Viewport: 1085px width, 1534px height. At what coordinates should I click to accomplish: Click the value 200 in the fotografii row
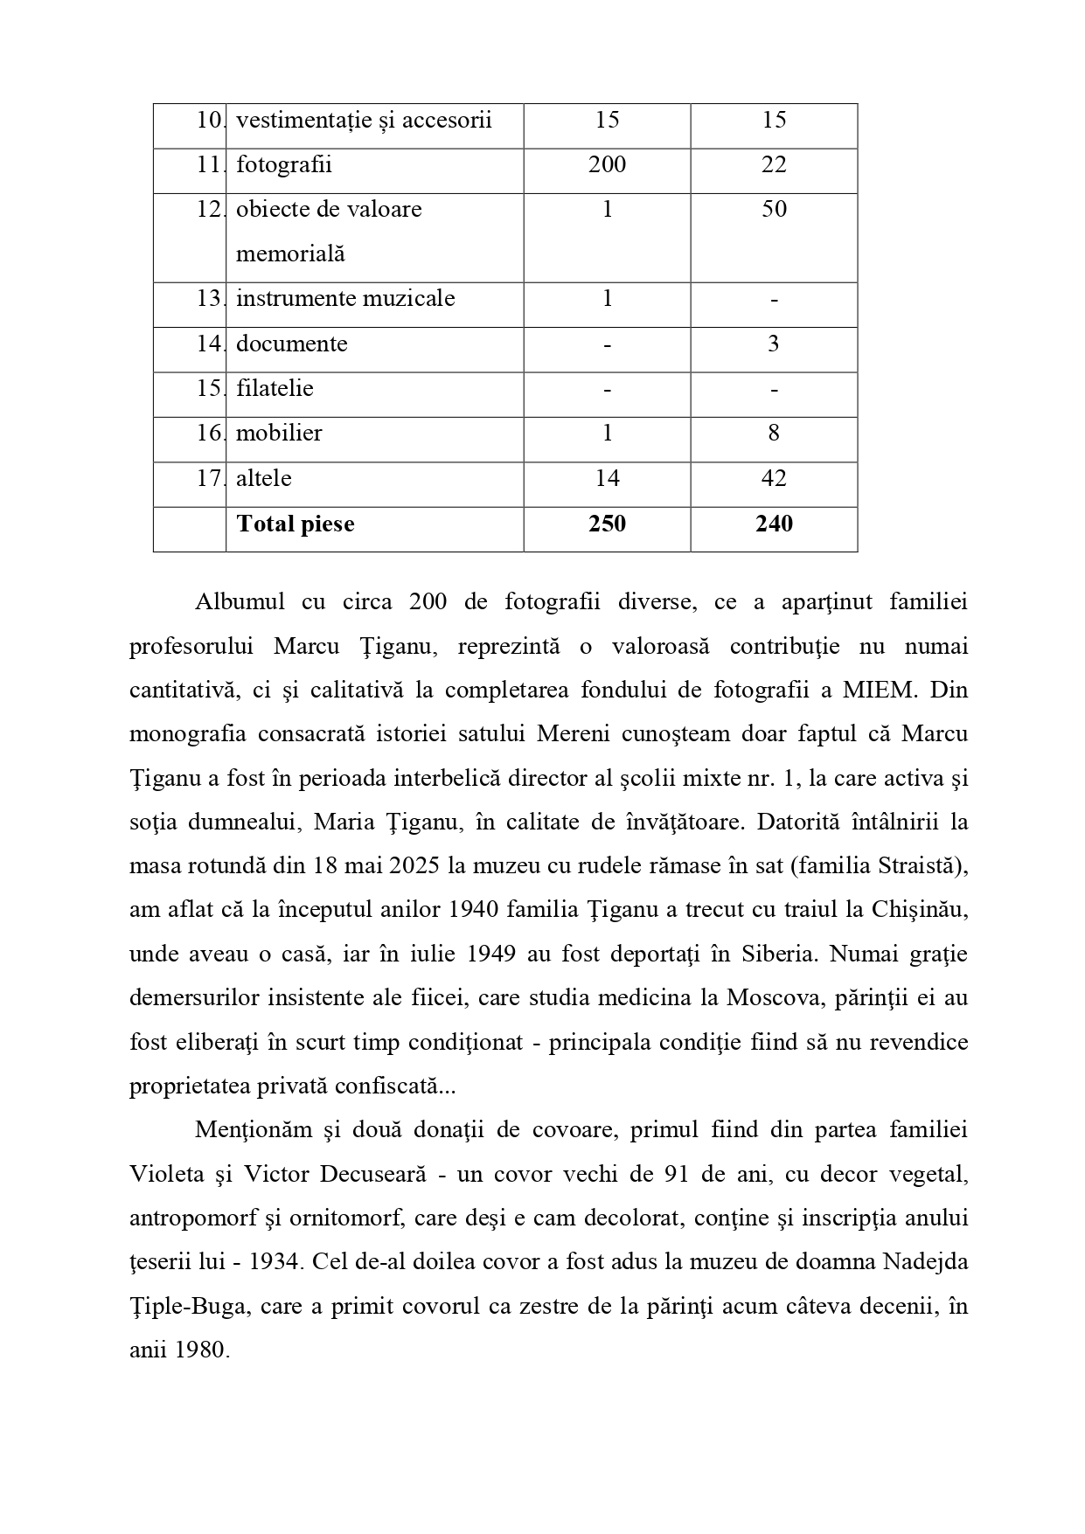tap(607, 164)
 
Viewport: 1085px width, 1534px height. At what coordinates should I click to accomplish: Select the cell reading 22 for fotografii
tap(774, 164)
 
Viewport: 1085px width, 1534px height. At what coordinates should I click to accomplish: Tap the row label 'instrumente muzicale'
tap(345, 298)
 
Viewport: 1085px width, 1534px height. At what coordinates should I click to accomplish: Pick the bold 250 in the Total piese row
tap(607, 524)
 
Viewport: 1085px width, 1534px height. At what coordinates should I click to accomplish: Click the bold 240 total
tap(774, 524)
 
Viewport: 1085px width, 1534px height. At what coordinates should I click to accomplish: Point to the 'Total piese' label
tap(296, 524)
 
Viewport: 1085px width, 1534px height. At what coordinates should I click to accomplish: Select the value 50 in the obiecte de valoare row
tap(774, 209)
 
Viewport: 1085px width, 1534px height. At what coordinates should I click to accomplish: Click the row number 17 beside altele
tap(208, 478)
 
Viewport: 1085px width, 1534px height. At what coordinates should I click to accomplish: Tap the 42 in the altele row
tap(774, 478)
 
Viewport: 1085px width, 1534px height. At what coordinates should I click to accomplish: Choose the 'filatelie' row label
tap(275, 388)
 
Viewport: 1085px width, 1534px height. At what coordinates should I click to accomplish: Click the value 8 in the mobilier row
tap(774, 433)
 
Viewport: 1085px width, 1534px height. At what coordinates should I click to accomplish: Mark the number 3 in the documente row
tap(774, 344)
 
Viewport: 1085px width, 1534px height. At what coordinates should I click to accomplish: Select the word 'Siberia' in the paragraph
tap(775, 954)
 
